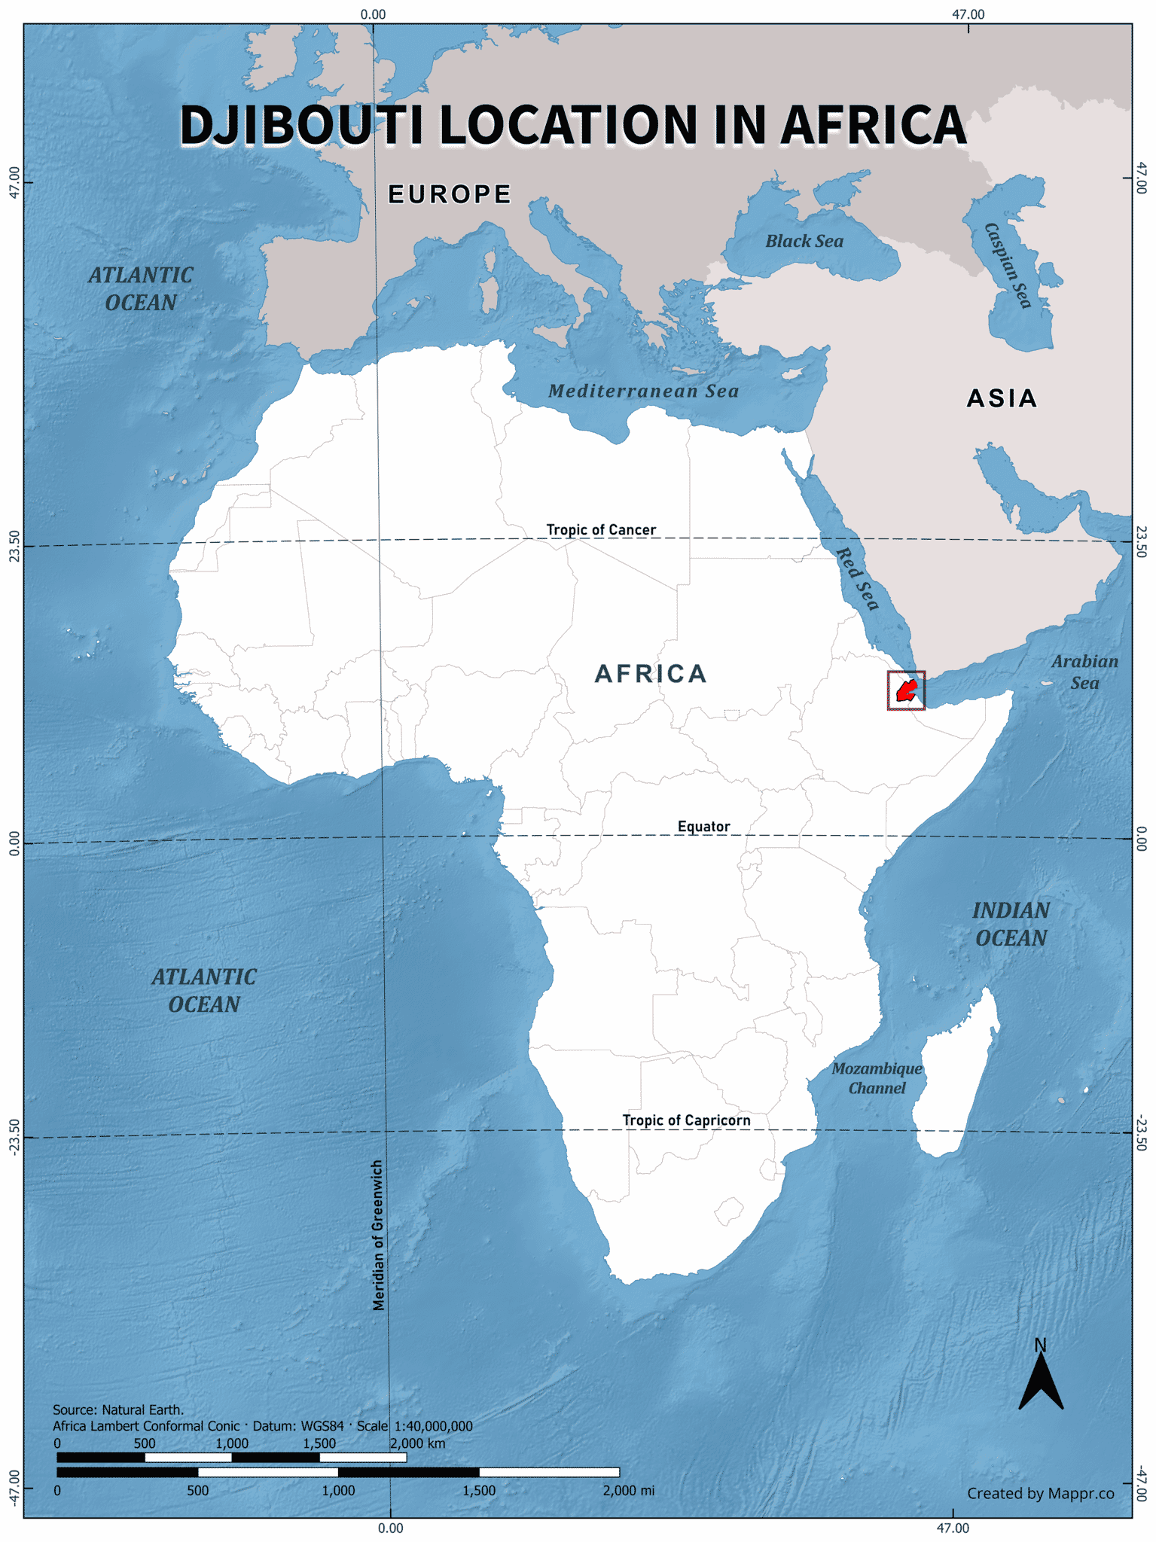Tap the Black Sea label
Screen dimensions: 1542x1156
[x=804, y=242]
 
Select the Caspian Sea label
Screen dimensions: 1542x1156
[x=1008, y=265]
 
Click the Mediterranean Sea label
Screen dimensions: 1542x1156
[x=643, y=392]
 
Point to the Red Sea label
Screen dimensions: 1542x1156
[x=858, y=579]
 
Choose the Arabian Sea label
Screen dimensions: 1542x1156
[x=1084, y=672]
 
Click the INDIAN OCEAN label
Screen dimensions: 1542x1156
[x=1011, y=925]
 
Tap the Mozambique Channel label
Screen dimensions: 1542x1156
[x=877, y=1078]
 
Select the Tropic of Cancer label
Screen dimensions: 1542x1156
[x=601, y=530]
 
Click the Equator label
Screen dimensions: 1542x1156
[x=703, y=827]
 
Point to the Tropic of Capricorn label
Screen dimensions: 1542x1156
[x=686, y=1120]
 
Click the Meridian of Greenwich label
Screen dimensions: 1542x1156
[x=379, y=1235]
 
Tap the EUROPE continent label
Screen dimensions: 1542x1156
[x=450, y=194]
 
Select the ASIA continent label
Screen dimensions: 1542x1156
[x=1002, y=398]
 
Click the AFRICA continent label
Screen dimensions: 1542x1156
[x=651, y=674]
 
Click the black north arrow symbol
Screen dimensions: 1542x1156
[x=1041, y=1381]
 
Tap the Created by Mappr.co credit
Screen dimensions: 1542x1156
[x=1040, y=1494]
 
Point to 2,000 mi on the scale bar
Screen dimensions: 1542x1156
[x=628, y=1491]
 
